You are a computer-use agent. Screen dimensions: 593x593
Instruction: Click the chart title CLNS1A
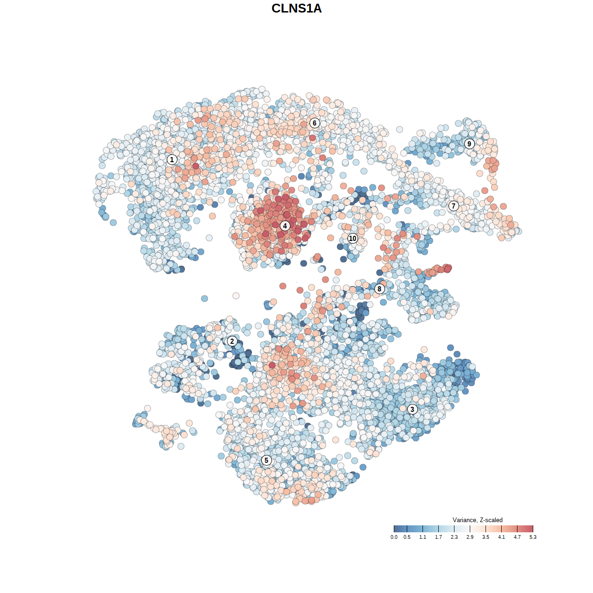(x=296, y=8)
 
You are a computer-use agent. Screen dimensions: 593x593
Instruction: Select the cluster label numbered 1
(x=172, y=159)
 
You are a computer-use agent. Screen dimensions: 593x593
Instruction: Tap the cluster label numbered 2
(x=232, y=341)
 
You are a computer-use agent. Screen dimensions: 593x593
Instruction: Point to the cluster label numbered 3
(x=412, y=409)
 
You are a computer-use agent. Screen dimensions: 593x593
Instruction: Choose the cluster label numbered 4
(x=285, y=226)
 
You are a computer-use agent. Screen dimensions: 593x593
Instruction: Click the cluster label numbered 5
(x=266, y=460)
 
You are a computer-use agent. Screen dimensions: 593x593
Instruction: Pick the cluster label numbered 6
(x=315, y=123)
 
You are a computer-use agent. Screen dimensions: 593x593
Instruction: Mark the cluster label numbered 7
(x=454, y=206)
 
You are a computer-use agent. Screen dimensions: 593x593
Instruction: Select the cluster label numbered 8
(x=379, y=289)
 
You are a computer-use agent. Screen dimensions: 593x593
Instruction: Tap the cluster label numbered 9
(x=469, y=144)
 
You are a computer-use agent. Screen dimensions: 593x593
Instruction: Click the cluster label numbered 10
(x=353, y=238)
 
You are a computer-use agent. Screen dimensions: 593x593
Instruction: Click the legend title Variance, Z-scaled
(x=477, y=520)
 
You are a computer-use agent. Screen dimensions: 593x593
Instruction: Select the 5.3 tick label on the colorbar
(x=533, y=537)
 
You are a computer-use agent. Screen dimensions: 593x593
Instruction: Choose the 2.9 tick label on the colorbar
(x=470, y=537)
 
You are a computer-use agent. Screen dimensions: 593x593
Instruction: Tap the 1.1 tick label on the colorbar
(x=423, y=537)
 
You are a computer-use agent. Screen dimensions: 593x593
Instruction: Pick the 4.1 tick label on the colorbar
(x=501, y=537)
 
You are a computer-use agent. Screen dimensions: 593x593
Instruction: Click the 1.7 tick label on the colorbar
(x=438, y=537)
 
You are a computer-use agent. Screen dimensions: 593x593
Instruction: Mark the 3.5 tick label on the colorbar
(x=486, y=537)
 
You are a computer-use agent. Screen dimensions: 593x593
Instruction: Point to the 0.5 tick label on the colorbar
(x=407, y=537)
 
